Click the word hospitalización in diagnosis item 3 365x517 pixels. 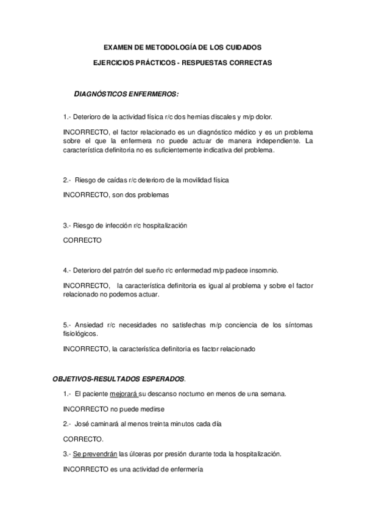(x=164, y=226)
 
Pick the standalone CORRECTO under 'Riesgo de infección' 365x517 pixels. (x=82, y=240)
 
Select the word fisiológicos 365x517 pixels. (x=80, y=334)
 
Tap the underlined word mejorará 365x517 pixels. (x=124, y=394)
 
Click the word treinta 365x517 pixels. (x=151, y=424)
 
